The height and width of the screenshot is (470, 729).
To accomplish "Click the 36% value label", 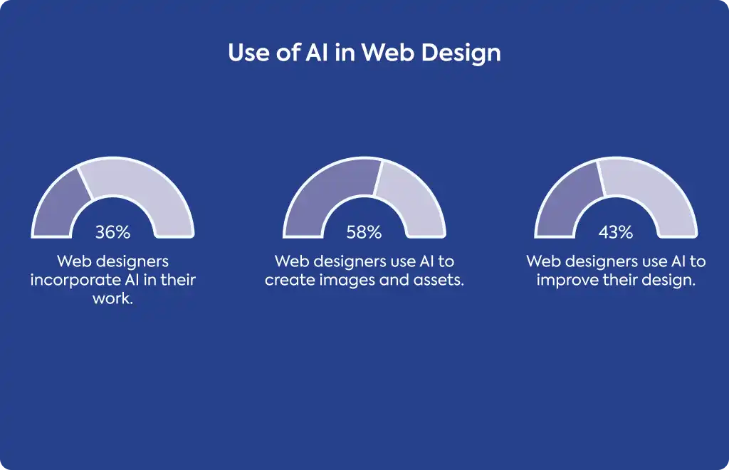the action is coord(112,231).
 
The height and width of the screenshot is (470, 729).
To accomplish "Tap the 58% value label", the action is coord(364,231).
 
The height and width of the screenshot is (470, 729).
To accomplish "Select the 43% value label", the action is coord(616,231).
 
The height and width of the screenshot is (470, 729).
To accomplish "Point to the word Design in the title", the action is coord(461,53).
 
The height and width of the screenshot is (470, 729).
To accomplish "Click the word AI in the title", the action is coord(317,52).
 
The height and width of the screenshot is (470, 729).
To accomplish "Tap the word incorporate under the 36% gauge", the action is coord(75,281).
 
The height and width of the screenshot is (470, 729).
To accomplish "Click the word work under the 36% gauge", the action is coord(111,298).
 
